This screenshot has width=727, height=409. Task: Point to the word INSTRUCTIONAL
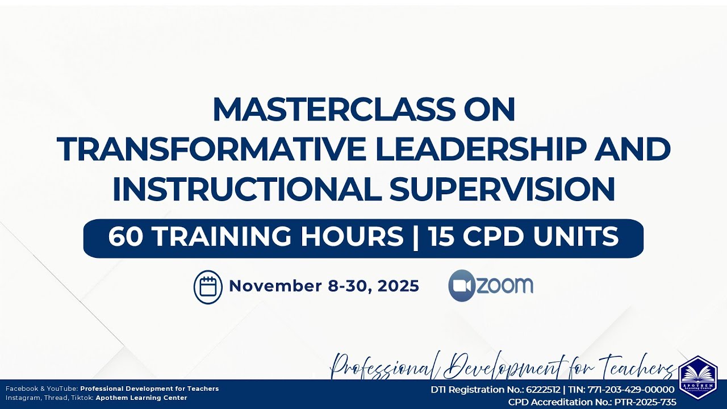(247, 190)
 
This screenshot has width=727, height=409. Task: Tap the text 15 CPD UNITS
(524, 237)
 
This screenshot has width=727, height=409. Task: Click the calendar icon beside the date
(208, 286)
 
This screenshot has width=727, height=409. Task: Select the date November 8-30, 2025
(324, 286)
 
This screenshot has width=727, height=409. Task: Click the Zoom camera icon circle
(461, 286)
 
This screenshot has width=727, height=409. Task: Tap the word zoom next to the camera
(504, 285)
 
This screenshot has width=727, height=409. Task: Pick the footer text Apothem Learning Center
(141, 398)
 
